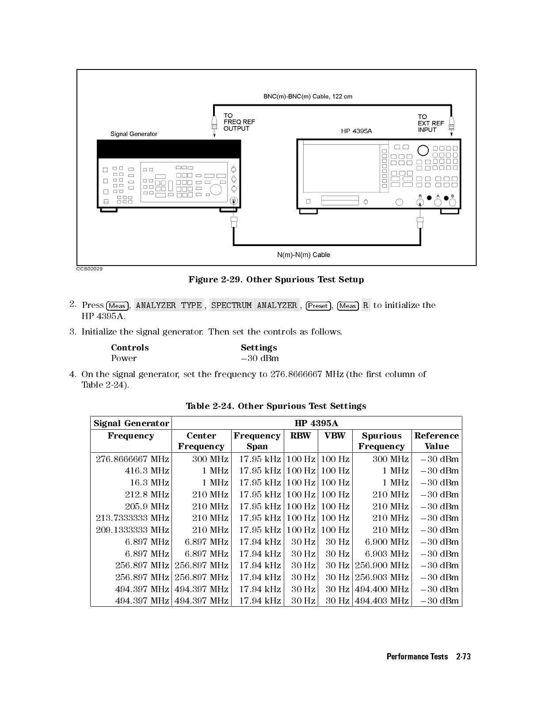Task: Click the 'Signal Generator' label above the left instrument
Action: (x=133, y=134)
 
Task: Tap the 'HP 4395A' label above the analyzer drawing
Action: (x=356, y=131)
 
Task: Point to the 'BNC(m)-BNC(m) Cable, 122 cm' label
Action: (x=308, y=96)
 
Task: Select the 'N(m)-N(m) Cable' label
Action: (x=303, y=255)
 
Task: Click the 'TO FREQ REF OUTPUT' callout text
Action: (x=239, y=122)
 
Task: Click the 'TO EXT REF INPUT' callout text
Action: (x=431, y=123)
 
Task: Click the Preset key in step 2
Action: (x=318, y=306)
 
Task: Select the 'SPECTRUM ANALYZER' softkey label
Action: (x=254, y=305)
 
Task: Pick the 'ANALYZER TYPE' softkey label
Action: (x=169, y=305)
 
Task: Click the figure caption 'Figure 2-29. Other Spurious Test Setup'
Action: (x=276, y=280)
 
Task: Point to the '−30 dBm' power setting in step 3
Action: (x=259, y=358)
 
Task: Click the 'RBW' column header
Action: (x=301, y=436)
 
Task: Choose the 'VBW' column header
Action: (x=335, y=436)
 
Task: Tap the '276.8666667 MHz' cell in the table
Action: (x=132, y=459)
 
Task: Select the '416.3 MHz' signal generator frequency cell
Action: (x=147, y=471)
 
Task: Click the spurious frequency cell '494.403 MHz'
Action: (x=381, y=601)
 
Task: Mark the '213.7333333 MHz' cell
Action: (x=132, y=518)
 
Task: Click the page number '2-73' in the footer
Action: (x=463, y=657)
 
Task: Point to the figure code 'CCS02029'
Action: (x=89, y=269)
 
